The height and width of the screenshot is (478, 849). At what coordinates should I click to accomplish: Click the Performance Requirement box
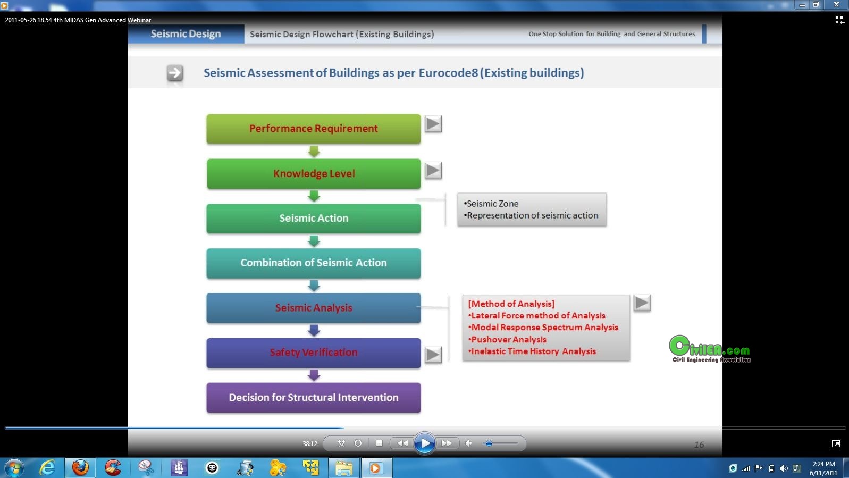click(314, 129)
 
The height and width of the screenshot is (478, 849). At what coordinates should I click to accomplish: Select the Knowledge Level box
click(314, 174)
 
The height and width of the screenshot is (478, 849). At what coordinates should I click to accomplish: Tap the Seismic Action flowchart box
click(314, 219)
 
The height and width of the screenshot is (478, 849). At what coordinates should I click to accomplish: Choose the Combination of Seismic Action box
click(314, 263)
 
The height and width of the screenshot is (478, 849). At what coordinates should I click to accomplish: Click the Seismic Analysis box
click(314, 308)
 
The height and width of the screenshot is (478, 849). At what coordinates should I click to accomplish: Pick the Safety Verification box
click(314, 353)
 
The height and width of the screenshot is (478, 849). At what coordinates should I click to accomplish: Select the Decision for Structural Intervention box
click(314, 397)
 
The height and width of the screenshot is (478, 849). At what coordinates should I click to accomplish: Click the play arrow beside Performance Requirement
click(433, 124)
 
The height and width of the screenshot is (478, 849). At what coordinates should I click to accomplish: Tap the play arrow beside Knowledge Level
click(433, 170)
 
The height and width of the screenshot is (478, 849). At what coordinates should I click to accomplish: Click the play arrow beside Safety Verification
click(433, 355)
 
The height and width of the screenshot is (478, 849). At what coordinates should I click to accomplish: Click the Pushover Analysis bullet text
click(507, 339)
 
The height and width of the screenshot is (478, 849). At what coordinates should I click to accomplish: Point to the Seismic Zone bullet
click(491, 204)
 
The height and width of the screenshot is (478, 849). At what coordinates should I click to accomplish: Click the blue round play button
click(424, 443)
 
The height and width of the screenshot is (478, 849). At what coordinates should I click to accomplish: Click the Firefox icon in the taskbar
click(80, 468)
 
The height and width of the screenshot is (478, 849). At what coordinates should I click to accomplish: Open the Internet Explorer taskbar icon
click(47, 468)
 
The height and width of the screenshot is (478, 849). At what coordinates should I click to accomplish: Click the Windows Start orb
click(14, 468)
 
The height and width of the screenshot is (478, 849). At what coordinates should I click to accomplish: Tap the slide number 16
click(699, 445)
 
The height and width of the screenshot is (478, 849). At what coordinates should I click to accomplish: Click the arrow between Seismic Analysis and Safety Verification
click(314, 331)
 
